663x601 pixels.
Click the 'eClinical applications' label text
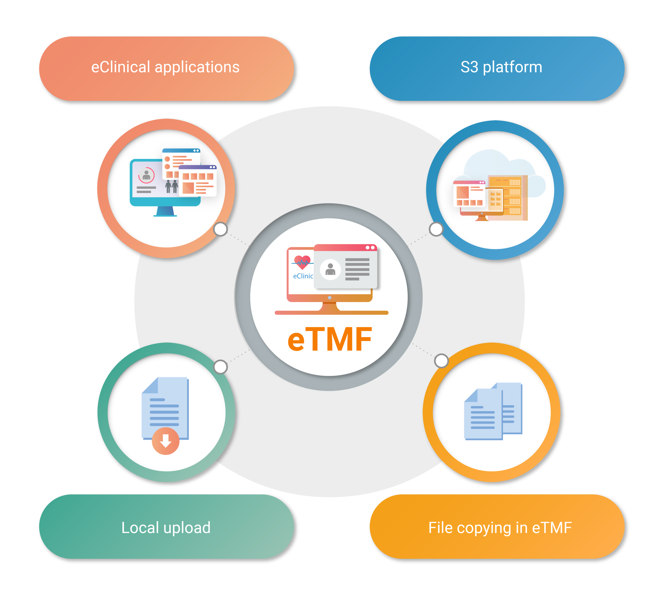tap(165, 67)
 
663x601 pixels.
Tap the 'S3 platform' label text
tap(501, 67)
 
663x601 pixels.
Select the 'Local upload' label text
tap(166, 528)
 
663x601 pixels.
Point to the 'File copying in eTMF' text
tap(500, 528)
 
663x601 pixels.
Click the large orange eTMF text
tap(330, 339)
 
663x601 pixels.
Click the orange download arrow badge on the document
tap(166, 441)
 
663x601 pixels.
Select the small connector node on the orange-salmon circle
tap(220, 229)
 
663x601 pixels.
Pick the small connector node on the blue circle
tap(436, 229)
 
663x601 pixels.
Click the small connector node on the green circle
tap(220, 367)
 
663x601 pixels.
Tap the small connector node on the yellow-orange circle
tap(441, 361)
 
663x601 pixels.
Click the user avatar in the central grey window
tap(330, 269)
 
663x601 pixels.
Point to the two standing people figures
tap(172, 186)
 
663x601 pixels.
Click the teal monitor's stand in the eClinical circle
tap(165, 211)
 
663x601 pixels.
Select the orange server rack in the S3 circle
tap(508, 198)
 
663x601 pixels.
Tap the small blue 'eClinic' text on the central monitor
tap(303, 276)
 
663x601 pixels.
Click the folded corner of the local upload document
tap(150, 385)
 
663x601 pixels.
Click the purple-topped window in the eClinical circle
tap(198, 181)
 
